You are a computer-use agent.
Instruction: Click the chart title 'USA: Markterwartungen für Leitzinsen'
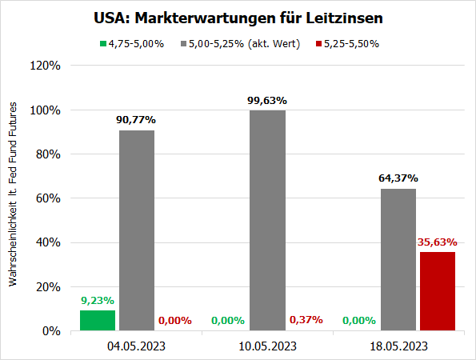(238, 18)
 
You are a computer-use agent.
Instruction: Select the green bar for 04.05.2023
(98, 320)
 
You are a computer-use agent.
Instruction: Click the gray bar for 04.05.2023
(137, 230)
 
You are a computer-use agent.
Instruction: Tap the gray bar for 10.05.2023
(268, 220)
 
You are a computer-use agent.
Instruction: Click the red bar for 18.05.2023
(438, 291)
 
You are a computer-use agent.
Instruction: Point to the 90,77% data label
(137, 119)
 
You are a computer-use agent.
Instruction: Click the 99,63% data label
(268, 100)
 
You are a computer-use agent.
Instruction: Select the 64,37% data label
(398, 178)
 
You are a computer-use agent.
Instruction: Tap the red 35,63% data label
(438, 241)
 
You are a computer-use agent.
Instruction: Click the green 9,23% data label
(98, 300)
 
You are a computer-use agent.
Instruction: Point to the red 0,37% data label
(306, 319)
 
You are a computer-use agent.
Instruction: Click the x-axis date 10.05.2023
(268, 346)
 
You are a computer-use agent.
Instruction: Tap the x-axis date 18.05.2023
(398, 346)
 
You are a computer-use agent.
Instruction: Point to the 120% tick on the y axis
(46, 66)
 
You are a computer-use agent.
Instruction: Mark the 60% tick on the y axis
(50, 198)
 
